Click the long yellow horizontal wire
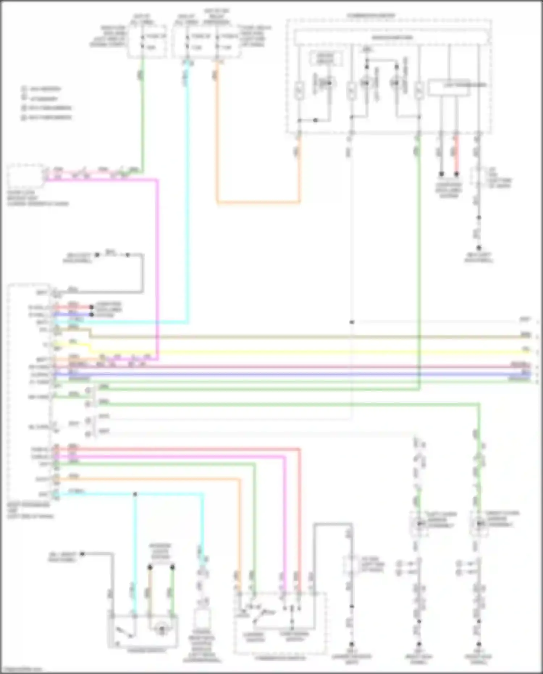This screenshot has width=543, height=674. (308, 351)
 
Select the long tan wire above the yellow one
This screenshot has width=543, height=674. (308, 337)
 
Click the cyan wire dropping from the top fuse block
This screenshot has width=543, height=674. (188, 181)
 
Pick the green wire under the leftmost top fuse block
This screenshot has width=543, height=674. (142, 116)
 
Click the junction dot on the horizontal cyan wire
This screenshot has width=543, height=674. (135, 494)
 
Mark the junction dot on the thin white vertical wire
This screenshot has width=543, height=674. (352, 322)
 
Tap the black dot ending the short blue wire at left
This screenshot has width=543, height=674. (92, 314)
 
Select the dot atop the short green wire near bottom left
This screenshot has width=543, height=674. (173, 567)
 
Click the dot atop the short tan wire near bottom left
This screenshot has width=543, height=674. (150, 567)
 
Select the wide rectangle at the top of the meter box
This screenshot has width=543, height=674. (391, 38)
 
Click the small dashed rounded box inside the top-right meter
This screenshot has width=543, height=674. (326, 58)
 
